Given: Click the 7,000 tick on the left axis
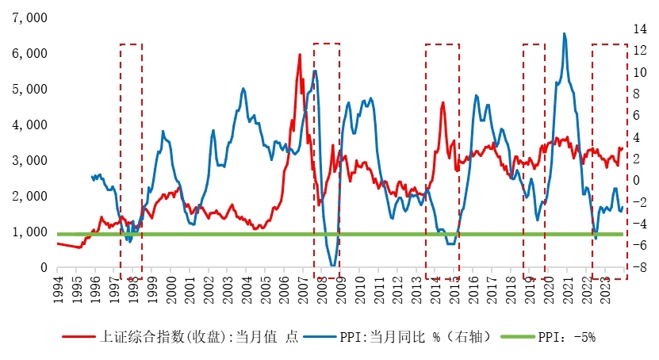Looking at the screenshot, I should click(29, 17).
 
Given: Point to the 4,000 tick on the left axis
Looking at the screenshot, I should click(29, 124).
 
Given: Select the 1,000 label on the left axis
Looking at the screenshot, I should click(29, 232).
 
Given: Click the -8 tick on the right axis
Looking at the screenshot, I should click(639, 268).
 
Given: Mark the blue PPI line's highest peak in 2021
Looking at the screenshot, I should click(564, 33).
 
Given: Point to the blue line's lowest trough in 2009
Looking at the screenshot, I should click(332, 266).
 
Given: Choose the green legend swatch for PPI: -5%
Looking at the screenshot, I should click(519, 337).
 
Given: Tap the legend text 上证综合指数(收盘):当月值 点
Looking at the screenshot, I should click(202, 337).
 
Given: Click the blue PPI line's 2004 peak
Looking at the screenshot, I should click(243, 88).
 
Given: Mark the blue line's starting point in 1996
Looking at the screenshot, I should click(92, 177).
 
